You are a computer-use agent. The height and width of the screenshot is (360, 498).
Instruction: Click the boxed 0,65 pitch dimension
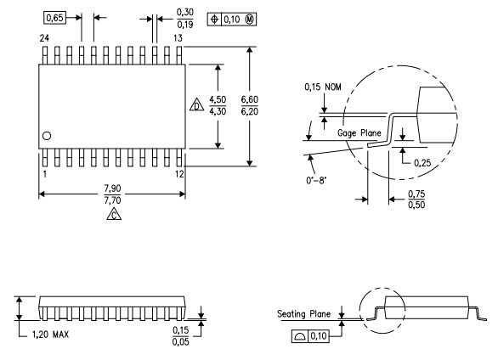click(x=54, y=16)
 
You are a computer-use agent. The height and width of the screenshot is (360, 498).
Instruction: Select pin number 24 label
click(x=45, y=39)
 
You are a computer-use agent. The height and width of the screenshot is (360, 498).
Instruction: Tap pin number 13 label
click(x=179, y=39)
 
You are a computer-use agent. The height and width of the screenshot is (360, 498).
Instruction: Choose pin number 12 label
click(x=179, y=174)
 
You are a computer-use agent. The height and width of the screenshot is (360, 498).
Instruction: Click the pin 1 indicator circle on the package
click(x=48, y=136)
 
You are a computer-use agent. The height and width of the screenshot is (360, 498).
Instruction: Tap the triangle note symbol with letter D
click(x=196, y=107)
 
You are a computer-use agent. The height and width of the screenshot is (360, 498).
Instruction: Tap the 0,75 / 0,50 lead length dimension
click(x=417, y=200)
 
